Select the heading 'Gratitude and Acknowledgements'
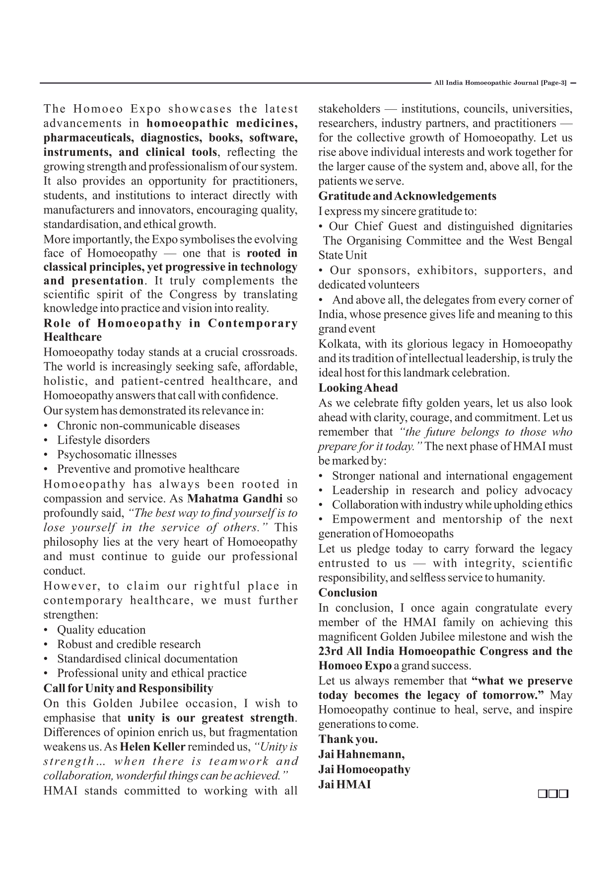(407, 196)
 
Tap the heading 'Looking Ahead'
(358, 388)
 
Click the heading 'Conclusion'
(347, 592)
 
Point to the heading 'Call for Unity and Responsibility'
(128, 688)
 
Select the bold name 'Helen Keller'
(153, 747)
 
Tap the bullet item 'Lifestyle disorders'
(103, 440)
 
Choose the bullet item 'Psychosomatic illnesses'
(117, 454)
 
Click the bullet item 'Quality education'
(101, 630)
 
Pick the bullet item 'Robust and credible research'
(129, 644)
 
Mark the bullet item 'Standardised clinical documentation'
(147, 658)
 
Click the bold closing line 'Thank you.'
(348, 739)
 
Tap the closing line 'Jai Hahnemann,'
(361, 754)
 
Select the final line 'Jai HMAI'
(344, 785)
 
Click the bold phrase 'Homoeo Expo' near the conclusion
(355, 666)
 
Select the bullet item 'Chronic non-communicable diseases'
(148, 426)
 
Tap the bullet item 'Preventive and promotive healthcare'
(148, 469)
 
